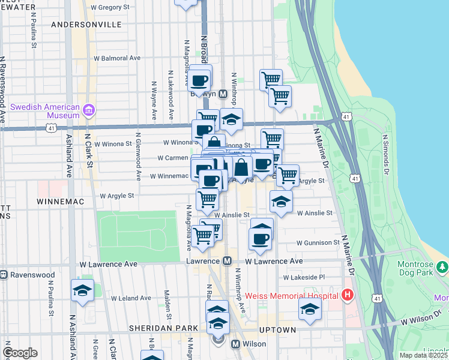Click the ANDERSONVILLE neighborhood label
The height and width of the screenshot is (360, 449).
(x=86, y=25)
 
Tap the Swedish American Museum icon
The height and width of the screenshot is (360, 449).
(x=89, y=110)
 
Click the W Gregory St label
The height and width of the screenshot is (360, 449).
(x=126, y=7)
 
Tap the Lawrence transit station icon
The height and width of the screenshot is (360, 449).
(x=227, y=261)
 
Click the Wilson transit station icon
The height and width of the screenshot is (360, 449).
(x=235, y=344)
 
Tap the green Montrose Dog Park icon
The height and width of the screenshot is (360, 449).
(x=442, y=266)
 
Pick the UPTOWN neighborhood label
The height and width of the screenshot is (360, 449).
(x=277, y=330)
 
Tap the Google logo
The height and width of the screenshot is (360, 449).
(x=20, y=353)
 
